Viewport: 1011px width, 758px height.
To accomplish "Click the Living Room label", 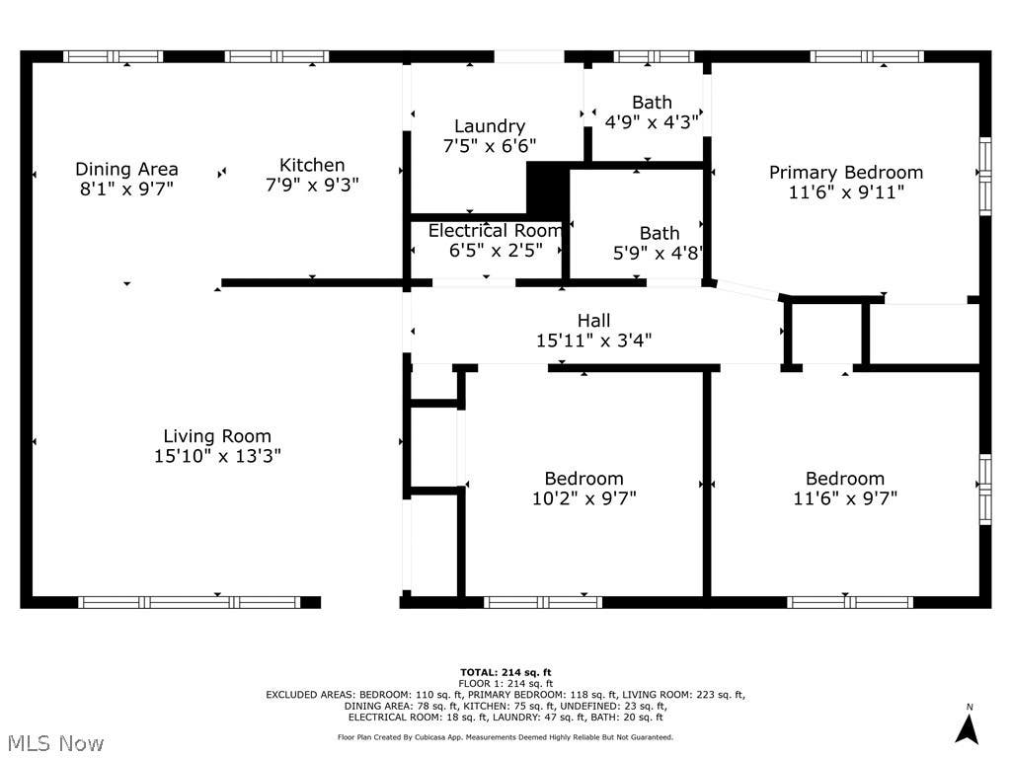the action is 216,436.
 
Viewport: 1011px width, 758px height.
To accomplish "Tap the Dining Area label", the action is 126,169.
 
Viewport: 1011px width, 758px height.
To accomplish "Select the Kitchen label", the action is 312,165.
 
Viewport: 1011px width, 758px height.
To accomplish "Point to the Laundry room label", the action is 490,126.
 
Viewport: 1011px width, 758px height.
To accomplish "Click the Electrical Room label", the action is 496,230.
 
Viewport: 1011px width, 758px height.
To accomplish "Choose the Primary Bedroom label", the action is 846,173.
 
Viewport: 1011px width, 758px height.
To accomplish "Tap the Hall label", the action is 593,321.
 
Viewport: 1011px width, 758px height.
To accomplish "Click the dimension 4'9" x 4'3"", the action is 652,121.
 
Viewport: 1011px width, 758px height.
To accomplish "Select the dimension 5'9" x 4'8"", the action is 658,253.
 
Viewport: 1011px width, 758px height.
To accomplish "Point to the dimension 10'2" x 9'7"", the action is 584,498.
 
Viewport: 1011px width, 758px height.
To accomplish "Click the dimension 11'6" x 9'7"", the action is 845,498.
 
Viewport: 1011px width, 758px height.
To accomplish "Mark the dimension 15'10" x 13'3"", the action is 217,456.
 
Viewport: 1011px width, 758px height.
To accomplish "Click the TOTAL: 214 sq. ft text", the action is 505,673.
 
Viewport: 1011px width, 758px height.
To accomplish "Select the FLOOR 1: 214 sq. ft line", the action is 505,683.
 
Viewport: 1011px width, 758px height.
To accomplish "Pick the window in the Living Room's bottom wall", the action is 190,603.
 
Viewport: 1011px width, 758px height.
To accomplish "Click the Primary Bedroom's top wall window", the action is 867,56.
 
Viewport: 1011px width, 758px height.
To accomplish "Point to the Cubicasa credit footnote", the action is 505,737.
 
